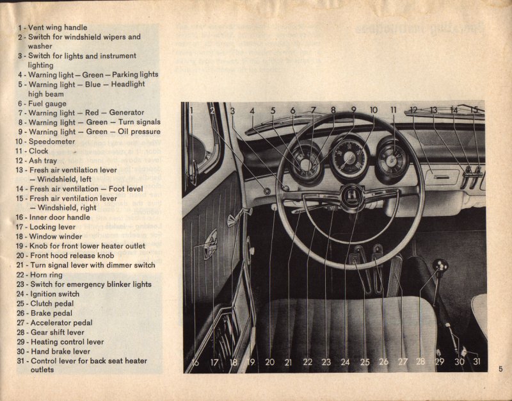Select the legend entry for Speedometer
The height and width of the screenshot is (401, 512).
pyautogui.click(x=51, y=142)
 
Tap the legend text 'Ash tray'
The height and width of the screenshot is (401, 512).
pyautogui.click(x=47, y=160)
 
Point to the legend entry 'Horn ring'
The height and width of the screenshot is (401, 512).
pyautogui.click(x=49, y=274)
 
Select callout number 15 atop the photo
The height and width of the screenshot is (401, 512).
pyautogui.click(x=474, y=110)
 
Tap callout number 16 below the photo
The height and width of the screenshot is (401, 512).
pyautogui.click(x=195, y=363)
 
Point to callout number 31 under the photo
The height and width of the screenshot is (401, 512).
pyautogui.click(x=477, y=362)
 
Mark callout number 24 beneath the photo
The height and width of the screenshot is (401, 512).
pyautogui.click(x=345, y=363)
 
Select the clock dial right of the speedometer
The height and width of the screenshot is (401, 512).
pyautogui.click(x=392, y=158)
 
